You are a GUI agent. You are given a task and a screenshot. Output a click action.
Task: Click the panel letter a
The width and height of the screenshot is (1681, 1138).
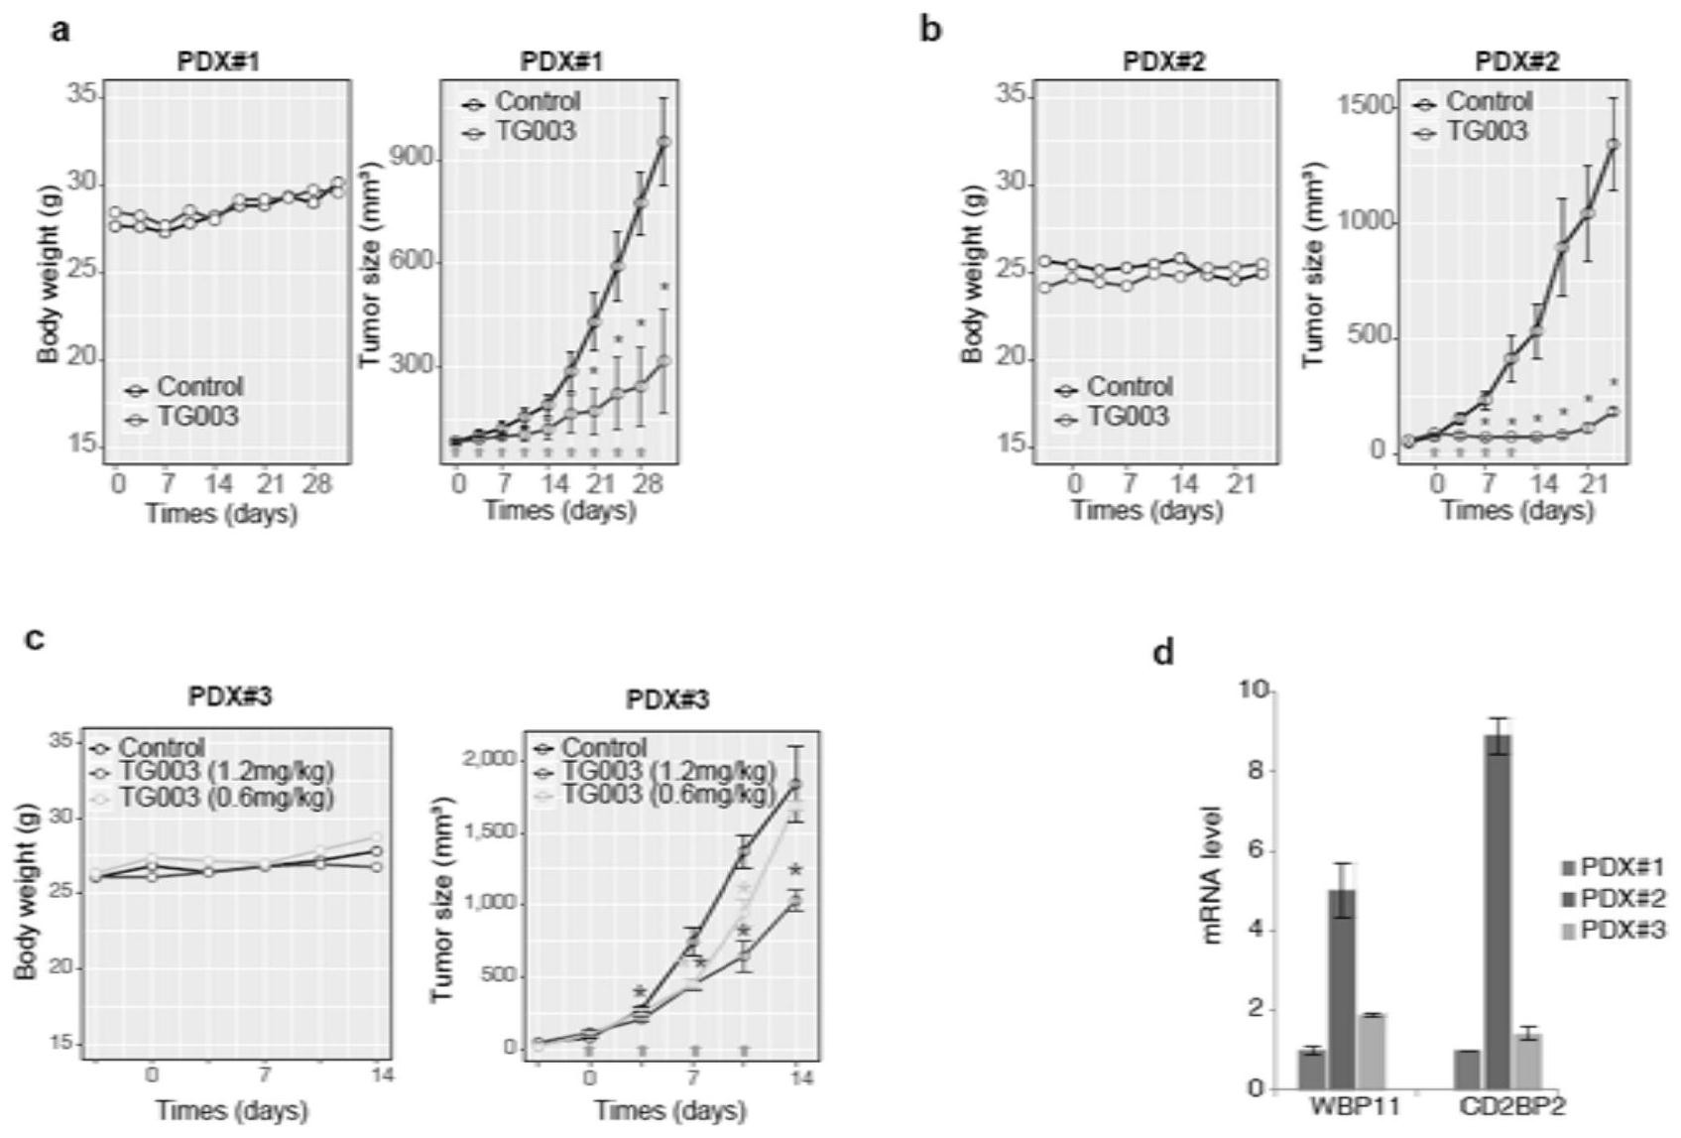61,30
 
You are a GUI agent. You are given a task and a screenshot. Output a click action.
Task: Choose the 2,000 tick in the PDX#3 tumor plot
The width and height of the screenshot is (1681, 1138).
488,759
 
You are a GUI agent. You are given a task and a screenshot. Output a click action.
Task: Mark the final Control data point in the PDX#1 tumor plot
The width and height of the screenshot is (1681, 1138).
664,142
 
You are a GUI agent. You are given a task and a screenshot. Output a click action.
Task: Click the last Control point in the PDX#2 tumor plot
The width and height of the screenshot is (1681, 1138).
1614,145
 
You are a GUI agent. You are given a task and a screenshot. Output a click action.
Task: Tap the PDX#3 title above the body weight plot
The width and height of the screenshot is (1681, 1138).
230,696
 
